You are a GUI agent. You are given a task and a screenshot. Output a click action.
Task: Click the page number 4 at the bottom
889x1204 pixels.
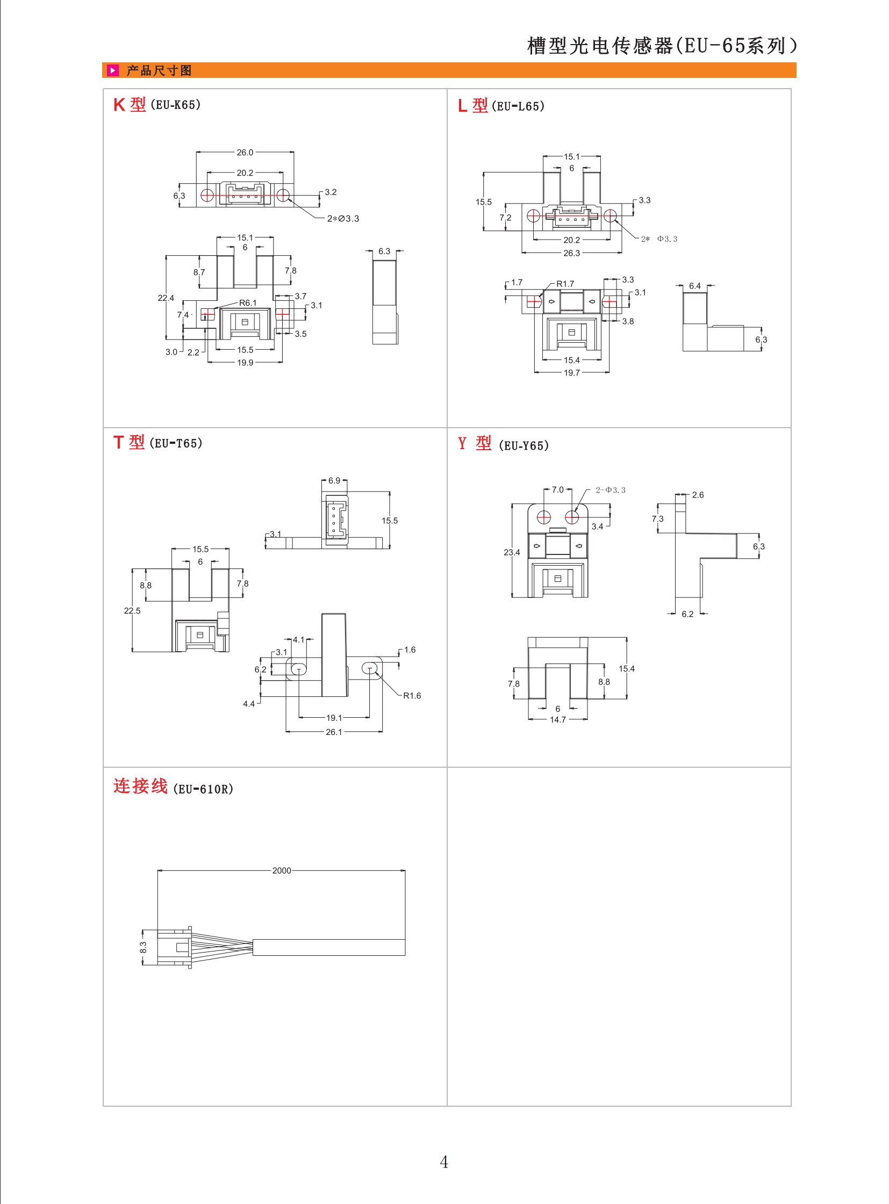pos(444,1162)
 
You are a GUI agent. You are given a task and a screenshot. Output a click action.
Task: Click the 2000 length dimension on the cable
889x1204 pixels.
pos(282,870)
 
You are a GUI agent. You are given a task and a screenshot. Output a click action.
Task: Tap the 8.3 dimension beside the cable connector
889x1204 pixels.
pos(143,947)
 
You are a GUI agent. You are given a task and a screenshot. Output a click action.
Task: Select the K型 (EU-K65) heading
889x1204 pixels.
pos(156,104)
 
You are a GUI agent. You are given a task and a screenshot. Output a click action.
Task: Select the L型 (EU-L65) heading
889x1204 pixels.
pos(501,106)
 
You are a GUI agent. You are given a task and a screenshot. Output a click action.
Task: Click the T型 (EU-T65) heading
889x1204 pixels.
pos(157,443)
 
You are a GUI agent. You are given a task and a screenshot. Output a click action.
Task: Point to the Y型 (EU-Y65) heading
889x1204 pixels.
pos(503,444)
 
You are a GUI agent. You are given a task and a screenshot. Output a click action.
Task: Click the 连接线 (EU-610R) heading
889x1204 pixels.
pos(173,787)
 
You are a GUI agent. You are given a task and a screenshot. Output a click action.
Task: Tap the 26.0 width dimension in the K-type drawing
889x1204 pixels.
pos(245,152)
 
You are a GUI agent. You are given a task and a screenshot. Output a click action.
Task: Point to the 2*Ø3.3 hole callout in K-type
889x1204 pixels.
pos(343,219)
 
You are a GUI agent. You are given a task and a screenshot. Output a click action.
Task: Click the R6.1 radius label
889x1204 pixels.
pos(248,303)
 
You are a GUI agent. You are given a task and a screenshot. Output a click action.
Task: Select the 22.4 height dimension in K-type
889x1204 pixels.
pos(166,298)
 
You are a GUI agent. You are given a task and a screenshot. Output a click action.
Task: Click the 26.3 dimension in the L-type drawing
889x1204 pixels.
pos(571,253)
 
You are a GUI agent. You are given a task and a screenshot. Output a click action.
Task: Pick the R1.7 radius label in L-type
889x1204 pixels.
pos(565,284)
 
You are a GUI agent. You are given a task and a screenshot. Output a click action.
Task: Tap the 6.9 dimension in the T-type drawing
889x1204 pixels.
pos(334,480)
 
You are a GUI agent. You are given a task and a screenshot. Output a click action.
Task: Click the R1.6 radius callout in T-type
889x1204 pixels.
pos(412,696)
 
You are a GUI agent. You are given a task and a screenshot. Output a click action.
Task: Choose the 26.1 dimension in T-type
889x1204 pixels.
pos(334,732)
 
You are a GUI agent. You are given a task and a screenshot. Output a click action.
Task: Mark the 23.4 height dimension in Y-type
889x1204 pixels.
pos(512,552)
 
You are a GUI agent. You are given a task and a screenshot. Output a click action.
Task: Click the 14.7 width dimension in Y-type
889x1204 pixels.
pos(557,719)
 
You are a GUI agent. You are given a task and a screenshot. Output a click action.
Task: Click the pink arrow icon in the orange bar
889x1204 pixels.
pos(112,70)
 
